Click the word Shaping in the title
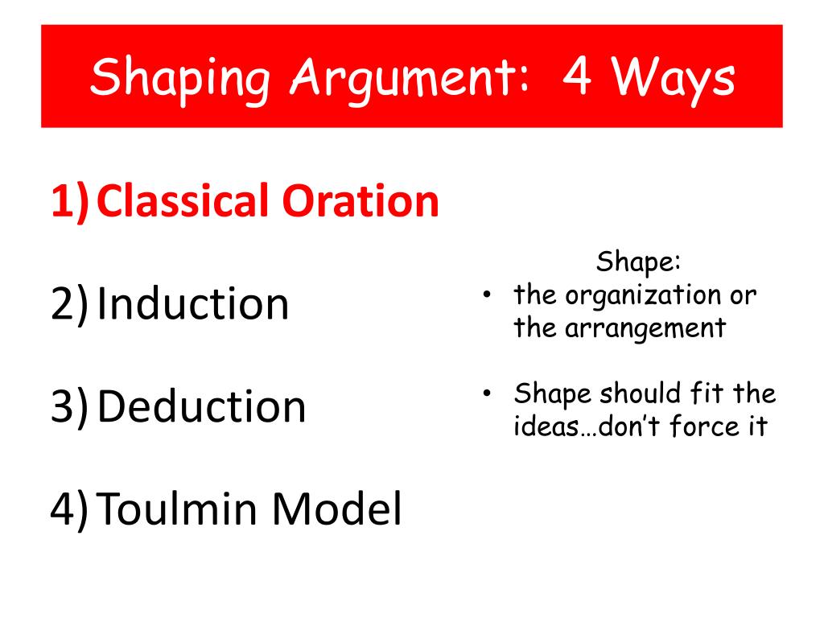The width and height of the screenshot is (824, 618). click(180, 79)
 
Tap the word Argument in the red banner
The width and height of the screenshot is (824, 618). click(410, 79)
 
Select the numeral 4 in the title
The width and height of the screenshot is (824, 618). click(577, 76)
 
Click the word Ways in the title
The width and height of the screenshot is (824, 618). click(672, 80)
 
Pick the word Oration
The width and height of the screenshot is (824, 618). click(360, 201)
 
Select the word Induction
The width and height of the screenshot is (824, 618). click(193, 303)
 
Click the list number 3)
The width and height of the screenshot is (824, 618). click(70, 406)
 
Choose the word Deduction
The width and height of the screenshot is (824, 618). click(201, 406)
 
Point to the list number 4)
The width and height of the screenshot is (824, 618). click(70, 509)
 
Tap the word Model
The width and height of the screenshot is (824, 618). click(337, 509)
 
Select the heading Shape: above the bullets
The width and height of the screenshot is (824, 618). click(638, 262)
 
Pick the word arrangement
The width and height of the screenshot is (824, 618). click(645, 329)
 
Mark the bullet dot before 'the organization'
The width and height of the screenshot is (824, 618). click(487, 295)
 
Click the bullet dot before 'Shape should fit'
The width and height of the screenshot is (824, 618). click(487, 393)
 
